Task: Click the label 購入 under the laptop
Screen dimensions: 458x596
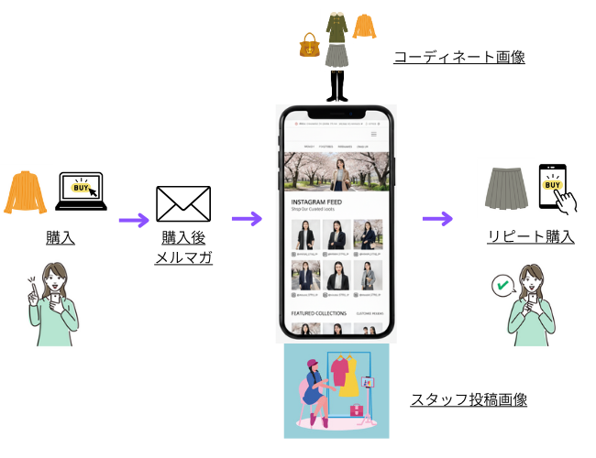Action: (61, 237)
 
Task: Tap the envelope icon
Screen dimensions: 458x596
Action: (183, 204)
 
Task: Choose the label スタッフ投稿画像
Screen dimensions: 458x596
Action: (468, 400)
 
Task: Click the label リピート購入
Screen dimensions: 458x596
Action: (531, 237)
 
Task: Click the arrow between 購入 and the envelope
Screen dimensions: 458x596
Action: (134, 220)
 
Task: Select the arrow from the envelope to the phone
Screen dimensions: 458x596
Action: (247, 219)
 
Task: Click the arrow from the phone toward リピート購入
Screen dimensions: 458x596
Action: (437, 219)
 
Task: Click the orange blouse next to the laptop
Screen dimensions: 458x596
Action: (27, 191)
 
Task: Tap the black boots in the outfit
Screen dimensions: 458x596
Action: (336, 86)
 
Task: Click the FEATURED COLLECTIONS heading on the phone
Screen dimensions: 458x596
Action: (318, 313)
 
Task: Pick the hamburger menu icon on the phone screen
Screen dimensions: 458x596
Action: (373, 135)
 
